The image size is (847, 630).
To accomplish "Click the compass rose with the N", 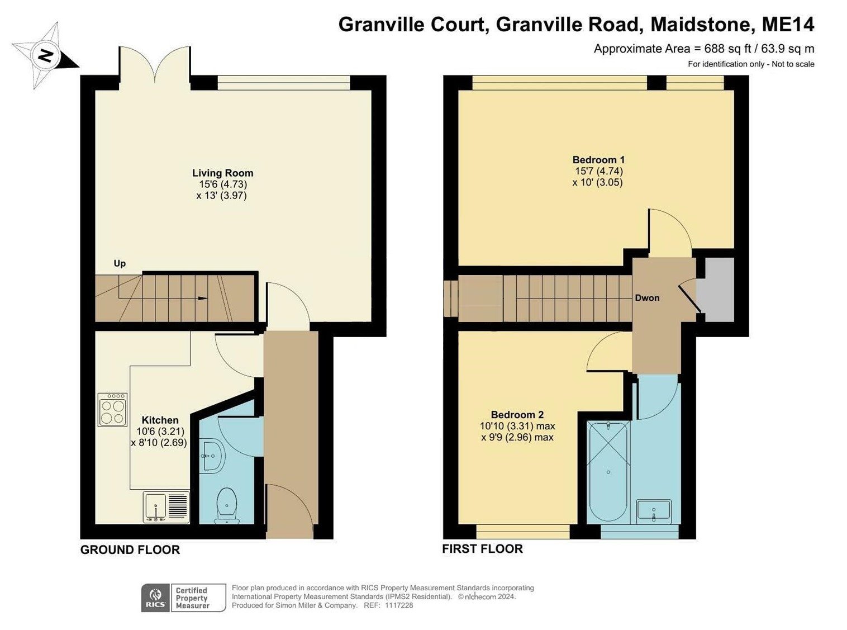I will click(45, 55).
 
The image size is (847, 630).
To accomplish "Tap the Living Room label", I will click(222, 173).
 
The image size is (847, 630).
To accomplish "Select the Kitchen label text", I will click(160, 420).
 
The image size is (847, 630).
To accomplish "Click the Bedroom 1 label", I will click(598, 160).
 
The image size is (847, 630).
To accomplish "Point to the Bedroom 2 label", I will click(517, 415).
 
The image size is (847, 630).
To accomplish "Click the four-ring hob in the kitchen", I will click(112, 410).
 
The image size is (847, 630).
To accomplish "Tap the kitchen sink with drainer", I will click(166, 507).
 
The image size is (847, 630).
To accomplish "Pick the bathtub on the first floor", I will click(608, 471).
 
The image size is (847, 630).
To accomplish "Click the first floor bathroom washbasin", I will click(654, 511).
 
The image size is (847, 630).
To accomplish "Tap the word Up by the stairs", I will click(120, 263).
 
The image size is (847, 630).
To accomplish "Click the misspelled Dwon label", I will click(647, 298).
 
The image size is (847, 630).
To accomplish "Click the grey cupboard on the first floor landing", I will click(719, 290).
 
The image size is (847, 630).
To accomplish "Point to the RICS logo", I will click(155, 598).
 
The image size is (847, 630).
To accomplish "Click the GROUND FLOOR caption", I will click(130, 550).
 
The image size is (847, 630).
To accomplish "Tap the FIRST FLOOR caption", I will click(482, 549).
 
